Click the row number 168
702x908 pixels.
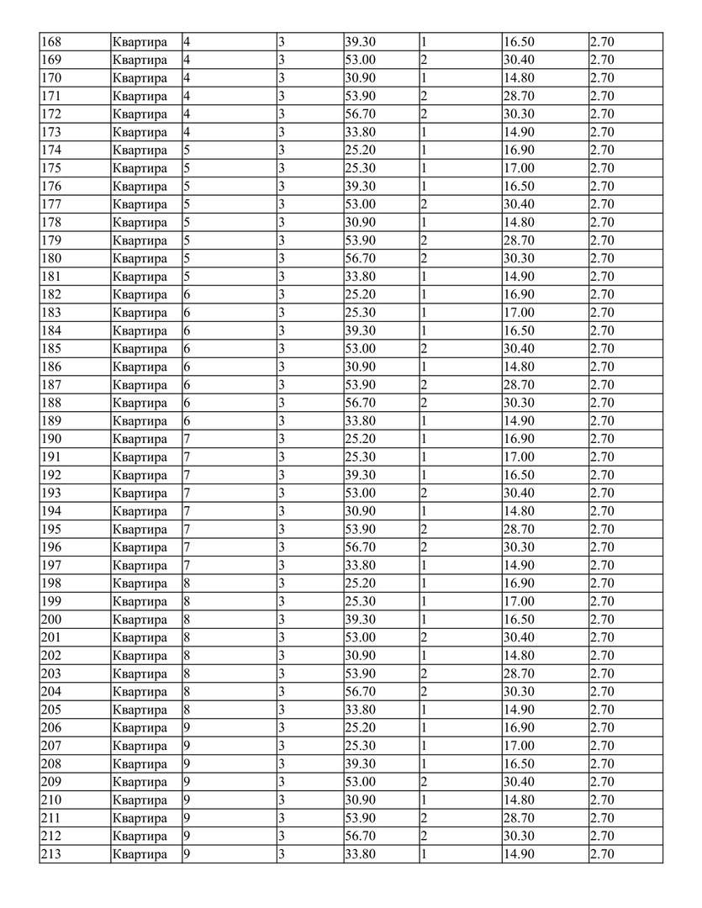50,42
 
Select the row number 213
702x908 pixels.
50,855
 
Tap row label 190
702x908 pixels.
50,440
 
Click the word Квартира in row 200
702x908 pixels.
140,620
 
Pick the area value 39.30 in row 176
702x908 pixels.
361,187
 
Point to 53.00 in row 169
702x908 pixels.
361,61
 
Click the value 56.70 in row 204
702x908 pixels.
361,692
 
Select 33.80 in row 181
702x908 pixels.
361,277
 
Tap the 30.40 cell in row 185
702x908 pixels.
518,349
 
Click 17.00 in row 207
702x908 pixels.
518,747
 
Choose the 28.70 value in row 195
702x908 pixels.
518,530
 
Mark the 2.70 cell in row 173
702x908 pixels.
602,132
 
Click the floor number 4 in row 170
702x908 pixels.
187,78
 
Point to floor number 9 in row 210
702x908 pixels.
187,800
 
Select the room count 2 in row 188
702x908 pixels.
425,404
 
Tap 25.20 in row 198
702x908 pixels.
361,583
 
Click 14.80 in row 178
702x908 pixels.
518,223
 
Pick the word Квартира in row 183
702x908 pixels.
140,313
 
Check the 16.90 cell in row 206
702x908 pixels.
518,728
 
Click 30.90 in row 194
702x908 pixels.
361,511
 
